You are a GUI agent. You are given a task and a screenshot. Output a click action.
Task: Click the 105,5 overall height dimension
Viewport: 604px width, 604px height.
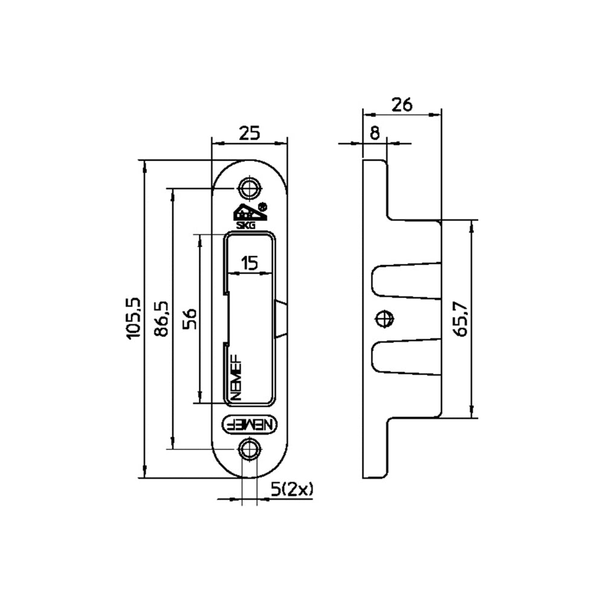(x=134, y=318)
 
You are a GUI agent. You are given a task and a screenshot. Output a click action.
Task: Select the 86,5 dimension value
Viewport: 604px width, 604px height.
(x=161, y=318)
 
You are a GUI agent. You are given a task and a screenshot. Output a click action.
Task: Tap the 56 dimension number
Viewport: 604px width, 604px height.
(x=190, y=318)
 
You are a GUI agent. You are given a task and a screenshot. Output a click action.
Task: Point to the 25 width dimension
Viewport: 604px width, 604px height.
(x=249, y=133)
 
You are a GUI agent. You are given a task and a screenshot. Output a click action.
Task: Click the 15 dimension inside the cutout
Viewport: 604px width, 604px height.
(x=249, y=263)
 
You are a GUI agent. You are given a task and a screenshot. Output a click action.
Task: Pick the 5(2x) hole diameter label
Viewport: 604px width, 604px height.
(x=292, y=490)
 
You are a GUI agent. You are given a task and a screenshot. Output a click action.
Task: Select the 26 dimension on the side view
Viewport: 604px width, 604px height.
(x=402, y=104)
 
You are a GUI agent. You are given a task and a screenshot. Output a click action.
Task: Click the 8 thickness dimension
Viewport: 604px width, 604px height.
(x=374, y=133)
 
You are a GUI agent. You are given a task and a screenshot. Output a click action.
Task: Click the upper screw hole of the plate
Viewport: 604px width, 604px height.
(x=249, y=188)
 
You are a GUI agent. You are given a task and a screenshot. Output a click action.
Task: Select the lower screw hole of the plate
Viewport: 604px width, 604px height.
(x=249, y=449)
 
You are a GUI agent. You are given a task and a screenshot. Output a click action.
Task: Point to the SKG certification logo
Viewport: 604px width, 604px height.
(x=245, y=216)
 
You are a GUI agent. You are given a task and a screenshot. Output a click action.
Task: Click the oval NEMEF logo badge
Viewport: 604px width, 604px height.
(x=249, y=425)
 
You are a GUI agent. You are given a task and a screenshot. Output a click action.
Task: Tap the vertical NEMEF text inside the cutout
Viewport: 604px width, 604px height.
(x=236, y=377)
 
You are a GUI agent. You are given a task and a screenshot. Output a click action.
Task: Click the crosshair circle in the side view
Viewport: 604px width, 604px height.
(x=384, y=318)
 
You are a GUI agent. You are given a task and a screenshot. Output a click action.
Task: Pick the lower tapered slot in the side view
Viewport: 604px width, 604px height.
(x=406, y=357)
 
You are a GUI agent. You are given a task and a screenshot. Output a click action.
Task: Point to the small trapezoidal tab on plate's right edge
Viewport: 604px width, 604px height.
(x=281, y=318)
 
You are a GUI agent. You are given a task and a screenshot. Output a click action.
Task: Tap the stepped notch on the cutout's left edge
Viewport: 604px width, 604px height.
(x=226, y=318)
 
